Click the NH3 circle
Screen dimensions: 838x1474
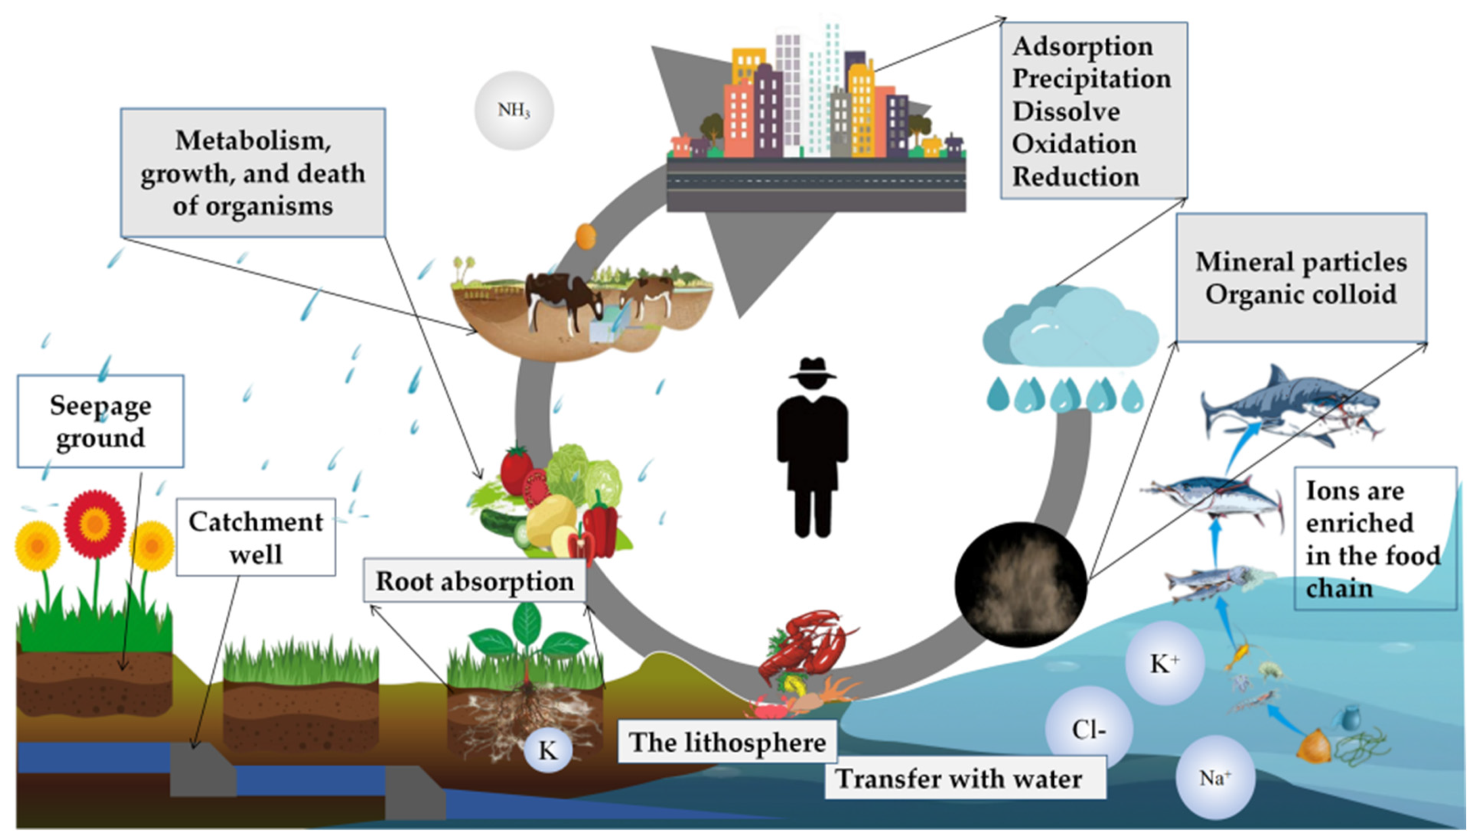[513, 110]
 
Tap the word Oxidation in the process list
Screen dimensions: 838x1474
[1074, 144]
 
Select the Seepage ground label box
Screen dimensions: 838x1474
[101, 421]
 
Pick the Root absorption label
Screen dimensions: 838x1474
[475, 581]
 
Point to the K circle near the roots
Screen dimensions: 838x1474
[547, 750]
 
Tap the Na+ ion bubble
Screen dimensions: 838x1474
[1214, 779]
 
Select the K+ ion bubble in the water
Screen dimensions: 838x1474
[1164, 664]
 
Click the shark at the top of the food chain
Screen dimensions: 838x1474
[1289, 409]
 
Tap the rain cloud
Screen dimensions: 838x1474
[1070, 328]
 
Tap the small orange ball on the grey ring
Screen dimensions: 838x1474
[585, 237]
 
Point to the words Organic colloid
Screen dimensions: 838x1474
[1301, 294]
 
